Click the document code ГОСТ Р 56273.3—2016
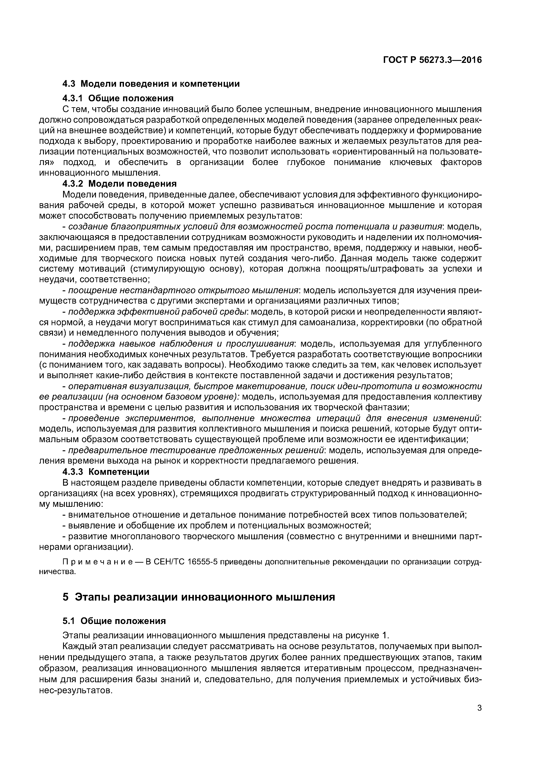coord(432,60)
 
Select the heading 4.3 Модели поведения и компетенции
coord(151,84)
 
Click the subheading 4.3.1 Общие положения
coord(118,98)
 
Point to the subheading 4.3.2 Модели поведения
coord(119,184)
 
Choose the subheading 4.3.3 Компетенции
coord(106,472)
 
